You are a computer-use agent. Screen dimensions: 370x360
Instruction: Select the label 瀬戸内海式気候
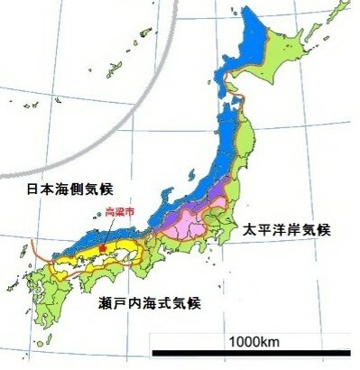tap(149, 302)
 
